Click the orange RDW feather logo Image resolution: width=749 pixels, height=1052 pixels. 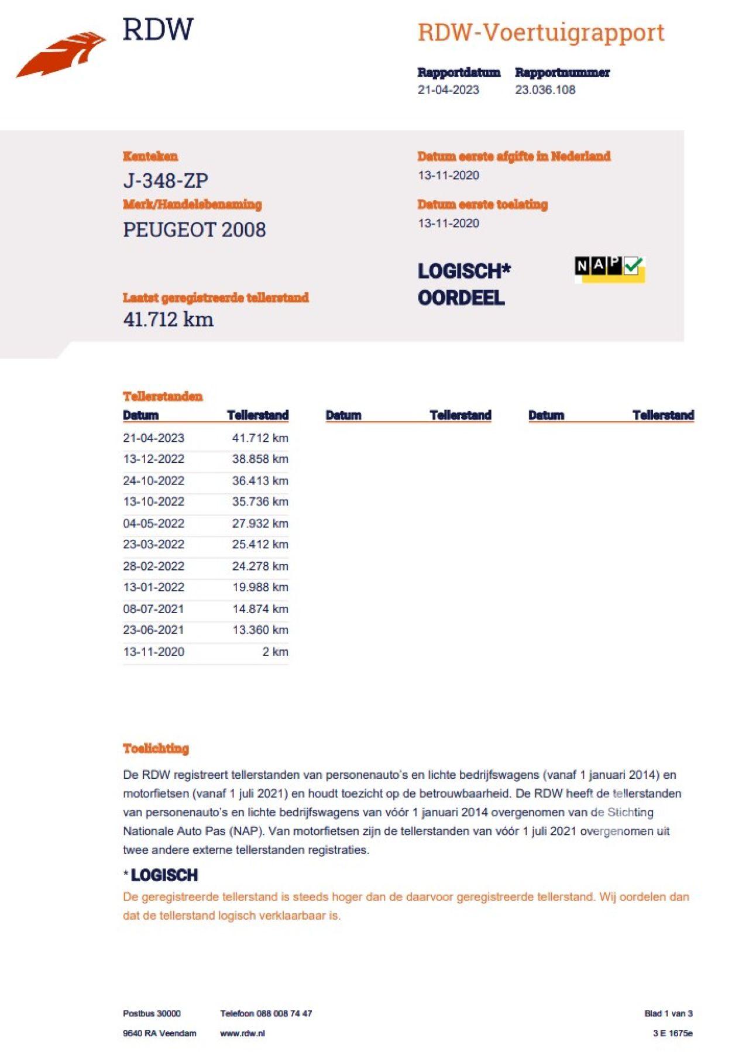pos(61,54)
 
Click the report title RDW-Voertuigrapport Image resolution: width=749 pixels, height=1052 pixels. pos(541,33)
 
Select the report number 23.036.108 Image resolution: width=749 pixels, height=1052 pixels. pos(545,90)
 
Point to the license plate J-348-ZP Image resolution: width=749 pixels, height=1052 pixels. pos(166,180)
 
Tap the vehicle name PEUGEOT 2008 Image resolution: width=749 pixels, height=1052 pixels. pos(194,229)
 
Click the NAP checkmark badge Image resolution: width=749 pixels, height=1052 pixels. pos(609,269)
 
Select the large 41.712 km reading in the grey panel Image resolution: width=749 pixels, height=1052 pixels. pos(169,319)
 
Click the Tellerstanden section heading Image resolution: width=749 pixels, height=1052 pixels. pos(163,396)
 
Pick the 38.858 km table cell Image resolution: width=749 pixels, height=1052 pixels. pos(260,459)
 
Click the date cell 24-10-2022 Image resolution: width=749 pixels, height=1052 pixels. pos(153,480)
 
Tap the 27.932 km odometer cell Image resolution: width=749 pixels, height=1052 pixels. pos(260,523)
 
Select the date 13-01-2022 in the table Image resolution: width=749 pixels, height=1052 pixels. pos(153,587)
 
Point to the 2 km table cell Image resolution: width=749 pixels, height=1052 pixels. pos(275,651)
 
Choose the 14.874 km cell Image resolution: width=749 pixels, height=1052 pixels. pos(260,608)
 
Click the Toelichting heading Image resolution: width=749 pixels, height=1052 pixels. pos(156,748)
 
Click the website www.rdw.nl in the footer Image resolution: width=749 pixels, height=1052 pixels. pos(242,1033)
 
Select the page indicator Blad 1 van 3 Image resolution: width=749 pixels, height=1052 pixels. pos(668,1013)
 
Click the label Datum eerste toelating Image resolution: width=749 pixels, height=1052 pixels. pos(482,204)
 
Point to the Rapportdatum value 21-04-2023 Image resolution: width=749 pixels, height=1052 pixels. pos(448,90)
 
